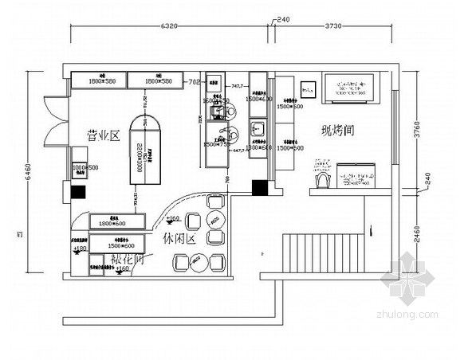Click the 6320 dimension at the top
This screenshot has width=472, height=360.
click(x=168, y=25)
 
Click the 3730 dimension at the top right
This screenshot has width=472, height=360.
click(x=334, y=25)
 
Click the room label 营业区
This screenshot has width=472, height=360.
click(x=103, y=136)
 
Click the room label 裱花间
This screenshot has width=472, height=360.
click(x=128, y=260)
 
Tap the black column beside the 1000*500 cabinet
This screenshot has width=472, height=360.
click(x=77, y=192)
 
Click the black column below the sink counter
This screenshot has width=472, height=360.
click(x=259, y=188)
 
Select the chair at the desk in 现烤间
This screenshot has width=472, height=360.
click(x=321, y=182)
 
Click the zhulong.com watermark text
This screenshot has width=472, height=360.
click(x=410, y=315)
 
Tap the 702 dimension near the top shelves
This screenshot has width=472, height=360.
click(x=193, y=81)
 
